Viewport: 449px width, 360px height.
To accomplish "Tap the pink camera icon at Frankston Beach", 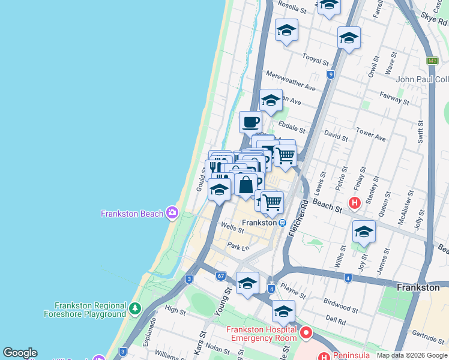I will pyautogui.click(x=172, y=212).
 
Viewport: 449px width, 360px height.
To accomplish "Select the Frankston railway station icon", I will pyautogui.click(x=282, y=223).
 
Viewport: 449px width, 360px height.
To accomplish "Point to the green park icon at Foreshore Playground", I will pyautogui.click(x=136, y=309).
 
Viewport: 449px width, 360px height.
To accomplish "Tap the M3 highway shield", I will pyautogui.click(x=432, y=61).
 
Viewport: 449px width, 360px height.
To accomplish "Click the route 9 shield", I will pyautogui.click(x=330, y=74).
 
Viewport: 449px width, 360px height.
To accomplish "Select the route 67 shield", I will pyautogui.click(x=221, y=275).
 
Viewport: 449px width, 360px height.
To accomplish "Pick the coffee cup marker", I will pyautogui.click(x=250, y=122).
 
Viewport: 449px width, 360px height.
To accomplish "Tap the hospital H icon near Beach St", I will pyautogui.click(x=355, y=203).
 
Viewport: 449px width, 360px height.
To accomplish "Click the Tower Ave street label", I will pyautogui.click(x=370, y=133).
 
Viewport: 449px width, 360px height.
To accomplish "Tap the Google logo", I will pyautogui.click(x=20, y=353).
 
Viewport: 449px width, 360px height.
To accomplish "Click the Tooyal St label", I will pyautogui.click(x=316, y=60).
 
